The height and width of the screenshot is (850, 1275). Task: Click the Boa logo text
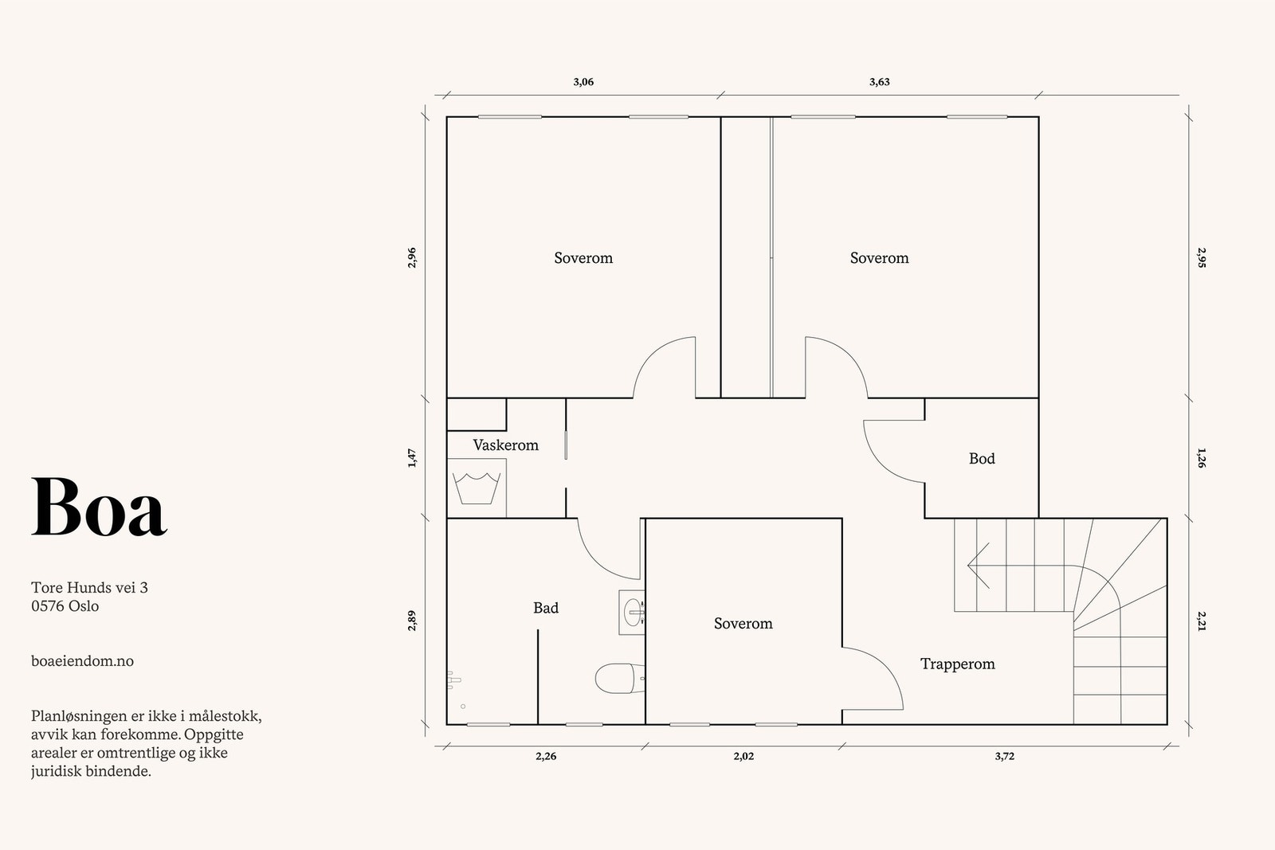(x=99, y=507)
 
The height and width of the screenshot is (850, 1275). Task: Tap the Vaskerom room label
(x=505, y=445)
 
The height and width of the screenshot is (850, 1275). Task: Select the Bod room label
(x=982, y=459)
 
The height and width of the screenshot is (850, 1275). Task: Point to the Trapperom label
(x=957, y=664)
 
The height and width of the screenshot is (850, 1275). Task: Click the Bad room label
(x=545, y=608)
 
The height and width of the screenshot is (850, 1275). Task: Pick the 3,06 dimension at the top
(x=583, y=82)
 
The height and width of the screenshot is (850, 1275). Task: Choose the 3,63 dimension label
(x=880, y=82)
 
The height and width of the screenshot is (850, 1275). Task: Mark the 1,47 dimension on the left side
(x=412, y=459)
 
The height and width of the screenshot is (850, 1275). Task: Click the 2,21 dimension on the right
(x=1201, y=621)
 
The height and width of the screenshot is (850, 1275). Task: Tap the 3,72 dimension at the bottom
(x=1005, y=756)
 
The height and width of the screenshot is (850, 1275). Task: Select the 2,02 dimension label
(x=743, y=756)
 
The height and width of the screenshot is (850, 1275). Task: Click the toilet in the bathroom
(x=619, y=678)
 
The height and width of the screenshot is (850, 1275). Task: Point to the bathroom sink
(x=632, y=612)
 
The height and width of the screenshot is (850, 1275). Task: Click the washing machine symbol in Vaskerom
(x=477, y=488)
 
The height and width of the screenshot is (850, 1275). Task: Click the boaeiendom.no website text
(x=83, y=661)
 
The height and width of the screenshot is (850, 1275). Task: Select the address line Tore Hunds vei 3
(x=89, y=587)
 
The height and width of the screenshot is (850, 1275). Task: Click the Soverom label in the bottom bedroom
(x=743, y=624)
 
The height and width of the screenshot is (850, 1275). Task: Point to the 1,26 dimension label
(x=1201, y=458)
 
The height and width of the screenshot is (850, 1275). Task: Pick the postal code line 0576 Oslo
(x=65, y=606)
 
